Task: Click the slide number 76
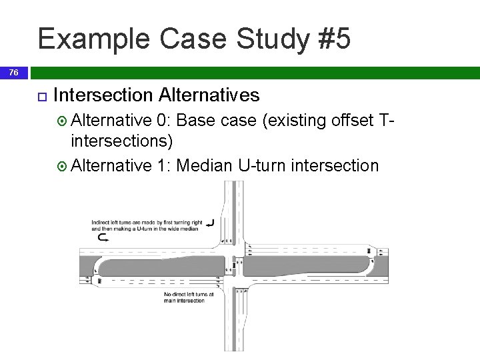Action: pyautogui.click(x=14, y=73)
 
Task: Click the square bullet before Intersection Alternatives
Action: pyautogui.click(x=41, y=96)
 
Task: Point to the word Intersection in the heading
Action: pyautogui.click(x=103, y=95)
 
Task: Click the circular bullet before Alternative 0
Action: pyautogui.click(x=63, y=121)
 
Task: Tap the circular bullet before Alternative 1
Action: pyautogui.click(x=63, y=165)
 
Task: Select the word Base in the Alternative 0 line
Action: pyautogui.click(x=199, y=121)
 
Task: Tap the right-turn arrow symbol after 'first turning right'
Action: pyautogui.click(x=210, y=223)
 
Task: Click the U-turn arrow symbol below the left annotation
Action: pyautogui.click(x=103, y=237)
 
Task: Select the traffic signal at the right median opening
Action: pyautogui.click(x=369, y=250)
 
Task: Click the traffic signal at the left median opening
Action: pyautogui.click(x=100, y=282)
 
